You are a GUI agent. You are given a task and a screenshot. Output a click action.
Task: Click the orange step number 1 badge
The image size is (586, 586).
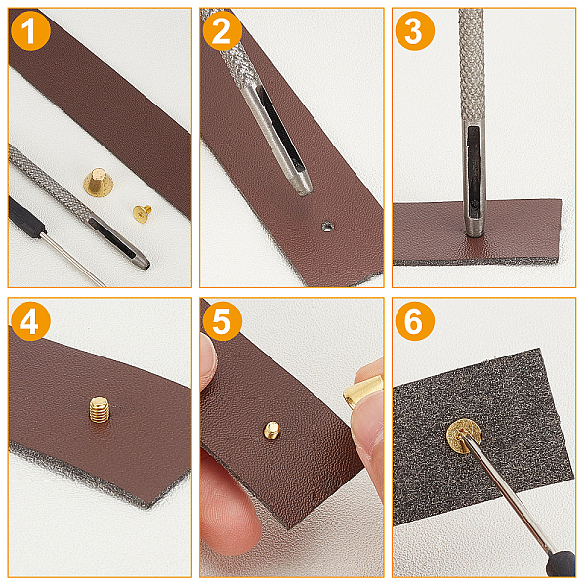click(30, 30)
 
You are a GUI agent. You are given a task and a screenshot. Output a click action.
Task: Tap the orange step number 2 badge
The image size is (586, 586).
click(223, 30)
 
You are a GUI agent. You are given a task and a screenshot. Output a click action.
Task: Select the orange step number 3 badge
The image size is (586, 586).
click(415, 30)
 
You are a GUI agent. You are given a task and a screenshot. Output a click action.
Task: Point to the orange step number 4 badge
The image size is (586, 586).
click(30, 321)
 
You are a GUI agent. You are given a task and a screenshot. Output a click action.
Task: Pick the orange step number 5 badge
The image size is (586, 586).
click(223, 321)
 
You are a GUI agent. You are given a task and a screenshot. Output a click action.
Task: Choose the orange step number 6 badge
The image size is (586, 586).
click(415, 321)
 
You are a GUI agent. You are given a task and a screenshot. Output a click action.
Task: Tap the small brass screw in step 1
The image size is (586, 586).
click(143, 214)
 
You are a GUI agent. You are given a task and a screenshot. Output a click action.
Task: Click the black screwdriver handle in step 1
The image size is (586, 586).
click(25, 218)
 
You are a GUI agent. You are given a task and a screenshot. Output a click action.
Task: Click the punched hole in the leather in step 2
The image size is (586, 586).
click(327, 227)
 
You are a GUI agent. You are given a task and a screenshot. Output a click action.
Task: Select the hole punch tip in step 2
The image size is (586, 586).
click(304, 188)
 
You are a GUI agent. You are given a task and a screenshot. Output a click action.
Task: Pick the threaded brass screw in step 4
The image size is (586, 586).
click(100, 410)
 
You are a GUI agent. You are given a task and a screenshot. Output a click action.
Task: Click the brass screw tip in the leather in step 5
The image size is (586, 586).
click(272, 430)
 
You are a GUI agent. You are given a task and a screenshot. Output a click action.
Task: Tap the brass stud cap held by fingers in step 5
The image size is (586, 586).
click(362, 392)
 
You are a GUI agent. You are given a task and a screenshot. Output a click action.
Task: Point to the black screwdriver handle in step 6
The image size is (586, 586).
click(561, 564)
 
